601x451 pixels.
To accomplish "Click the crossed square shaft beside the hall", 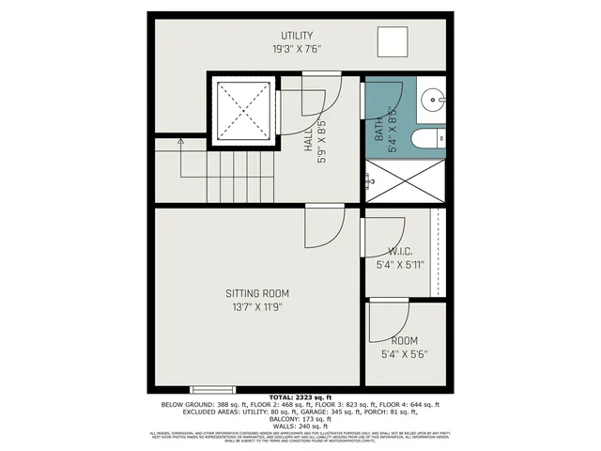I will (x=242, y=110).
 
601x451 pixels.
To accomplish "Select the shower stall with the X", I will (x=406, y=181).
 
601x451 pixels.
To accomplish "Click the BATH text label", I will (x=379, y=127).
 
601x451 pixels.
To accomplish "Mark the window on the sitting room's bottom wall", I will (x=209, y=389).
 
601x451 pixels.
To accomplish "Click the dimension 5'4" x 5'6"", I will (x=405, y=355).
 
